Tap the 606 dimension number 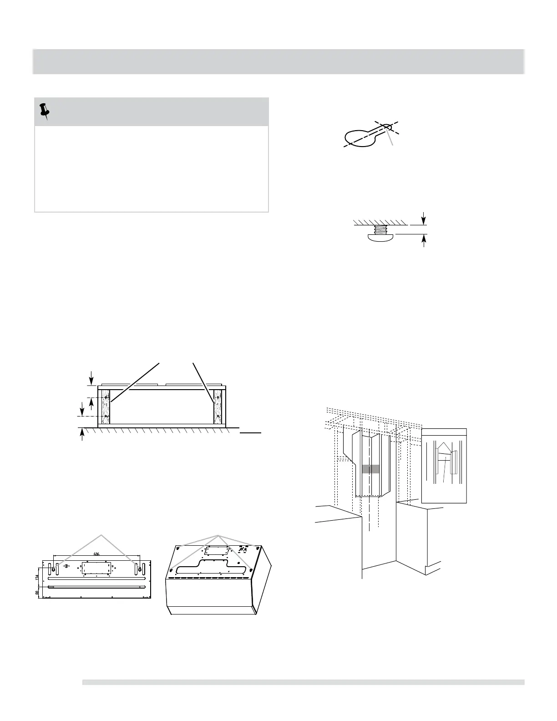(96, 554)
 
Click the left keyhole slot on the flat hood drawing (54, 568)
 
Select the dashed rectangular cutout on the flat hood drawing (96, 569)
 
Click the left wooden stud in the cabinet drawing (106, 406)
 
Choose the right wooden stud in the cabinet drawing (218, 406)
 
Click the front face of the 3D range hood (209, 594)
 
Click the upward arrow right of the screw (424, 240)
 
